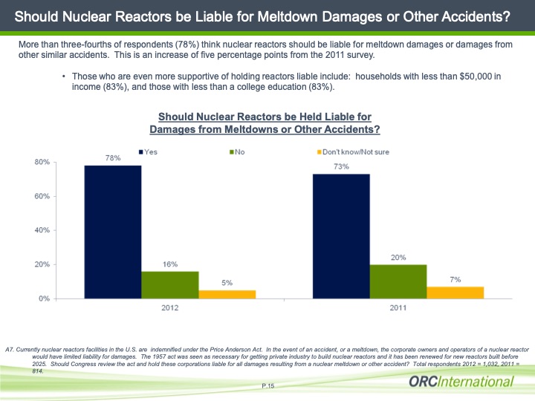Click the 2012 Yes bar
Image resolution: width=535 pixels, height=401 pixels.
pyautogui.click(x=113, y=232)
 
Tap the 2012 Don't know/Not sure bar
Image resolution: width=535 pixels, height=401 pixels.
pyautogui.click(x=227, y=294)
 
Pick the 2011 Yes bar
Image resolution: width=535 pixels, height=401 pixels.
pyautogui.click(x=341, y=236)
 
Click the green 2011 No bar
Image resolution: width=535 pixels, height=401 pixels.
pyautogui.click(x=398, y=281)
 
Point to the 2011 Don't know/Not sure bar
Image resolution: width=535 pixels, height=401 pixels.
pyautogui.click(x=455, y=293)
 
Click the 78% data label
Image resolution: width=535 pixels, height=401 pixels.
pyautogui.click(x=113, y=158)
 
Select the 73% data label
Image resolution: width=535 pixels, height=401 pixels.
pyautogui.click(x=341, y=167)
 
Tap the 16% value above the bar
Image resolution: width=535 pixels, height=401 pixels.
pyautogui.click(x=170, y=264)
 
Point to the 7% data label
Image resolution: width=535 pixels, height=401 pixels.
pyautogui.click(x=455, y=279)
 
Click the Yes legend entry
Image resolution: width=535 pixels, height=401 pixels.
pyautogui.click(x=149, y=151)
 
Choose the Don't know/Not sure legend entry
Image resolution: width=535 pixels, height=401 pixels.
pyautogui.click(x=353, y=151)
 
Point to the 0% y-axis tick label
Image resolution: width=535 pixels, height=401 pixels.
pyautogui.click(x=43, y=299)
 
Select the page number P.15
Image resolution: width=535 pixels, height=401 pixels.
pyautogui.click(x=268, y=386)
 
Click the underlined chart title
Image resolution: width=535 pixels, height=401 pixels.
pyautogui.click(x=265, y=123)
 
